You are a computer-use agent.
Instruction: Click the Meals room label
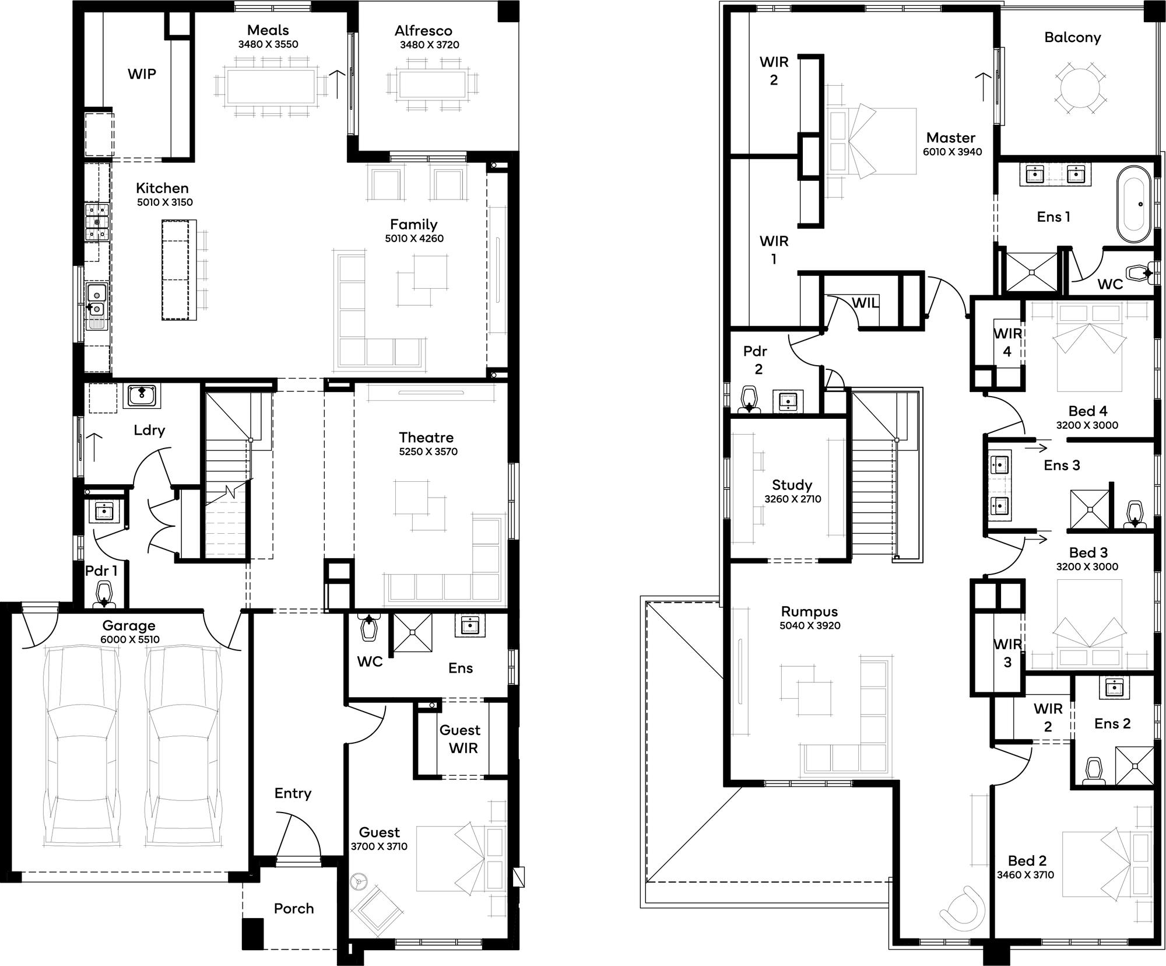pos(268,30)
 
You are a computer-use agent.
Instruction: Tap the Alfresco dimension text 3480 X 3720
pos(429,45)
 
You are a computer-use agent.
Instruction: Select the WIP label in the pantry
pos(142,74)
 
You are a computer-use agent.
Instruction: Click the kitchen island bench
pos(178,269)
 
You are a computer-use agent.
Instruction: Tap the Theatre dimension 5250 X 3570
pos(428,452)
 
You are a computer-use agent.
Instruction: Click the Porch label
pos(294,908)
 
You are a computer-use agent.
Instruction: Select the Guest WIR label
pos(461,739)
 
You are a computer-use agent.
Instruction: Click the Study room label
pos(792,485)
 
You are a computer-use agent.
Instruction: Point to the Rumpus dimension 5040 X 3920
pos(809,625)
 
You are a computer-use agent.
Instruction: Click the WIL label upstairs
pos(865,303)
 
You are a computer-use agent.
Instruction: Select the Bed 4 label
pos(1087,411)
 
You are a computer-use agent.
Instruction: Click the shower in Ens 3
pos(1089,509)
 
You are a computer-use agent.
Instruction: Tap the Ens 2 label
pos(1112,723)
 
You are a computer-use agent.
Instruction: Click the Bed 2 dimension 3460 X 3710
pos(1025,874)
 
